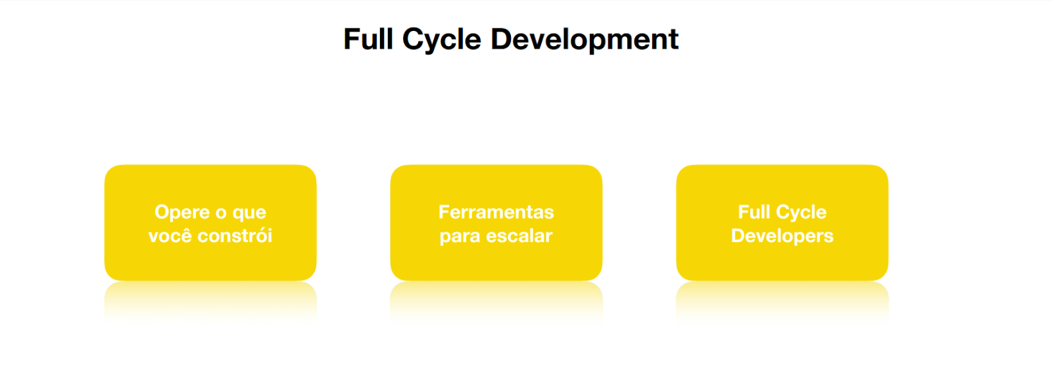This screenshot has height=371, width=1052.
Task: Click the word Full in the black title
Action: (x=368, y=39)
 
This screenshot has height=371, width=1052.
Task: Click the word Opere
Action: (x=182, y=212)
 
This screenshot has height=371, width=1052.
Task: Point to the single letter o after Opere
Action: (x=221, y=213)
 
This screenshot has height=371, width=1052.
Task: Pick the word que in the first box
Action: (x=249, y=214)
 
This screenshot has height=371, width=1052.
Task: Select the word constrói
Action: (x=235, y=235)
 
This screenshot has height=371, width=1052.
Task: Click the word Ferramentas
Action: (x=496, y=212)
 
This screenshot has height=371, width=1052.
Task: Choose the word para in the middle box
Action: (x=460, y=237)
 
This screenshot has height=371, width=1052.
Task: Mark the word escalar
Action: (x=519, y=235)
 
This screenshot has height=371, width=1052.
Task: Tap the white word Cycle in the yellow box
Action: (x=800, y=213)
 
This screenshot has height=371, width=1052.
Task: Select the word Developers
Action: (x=782, y=236)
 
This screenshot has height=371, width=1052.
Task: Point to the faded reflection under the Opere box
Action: (x=210, y=301)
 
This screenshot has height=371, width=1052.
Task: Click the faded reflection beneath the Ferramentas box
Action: (x=496, y=301)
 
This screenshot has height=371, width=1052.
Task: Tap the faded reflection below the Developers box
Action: (x=782, y=301)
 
